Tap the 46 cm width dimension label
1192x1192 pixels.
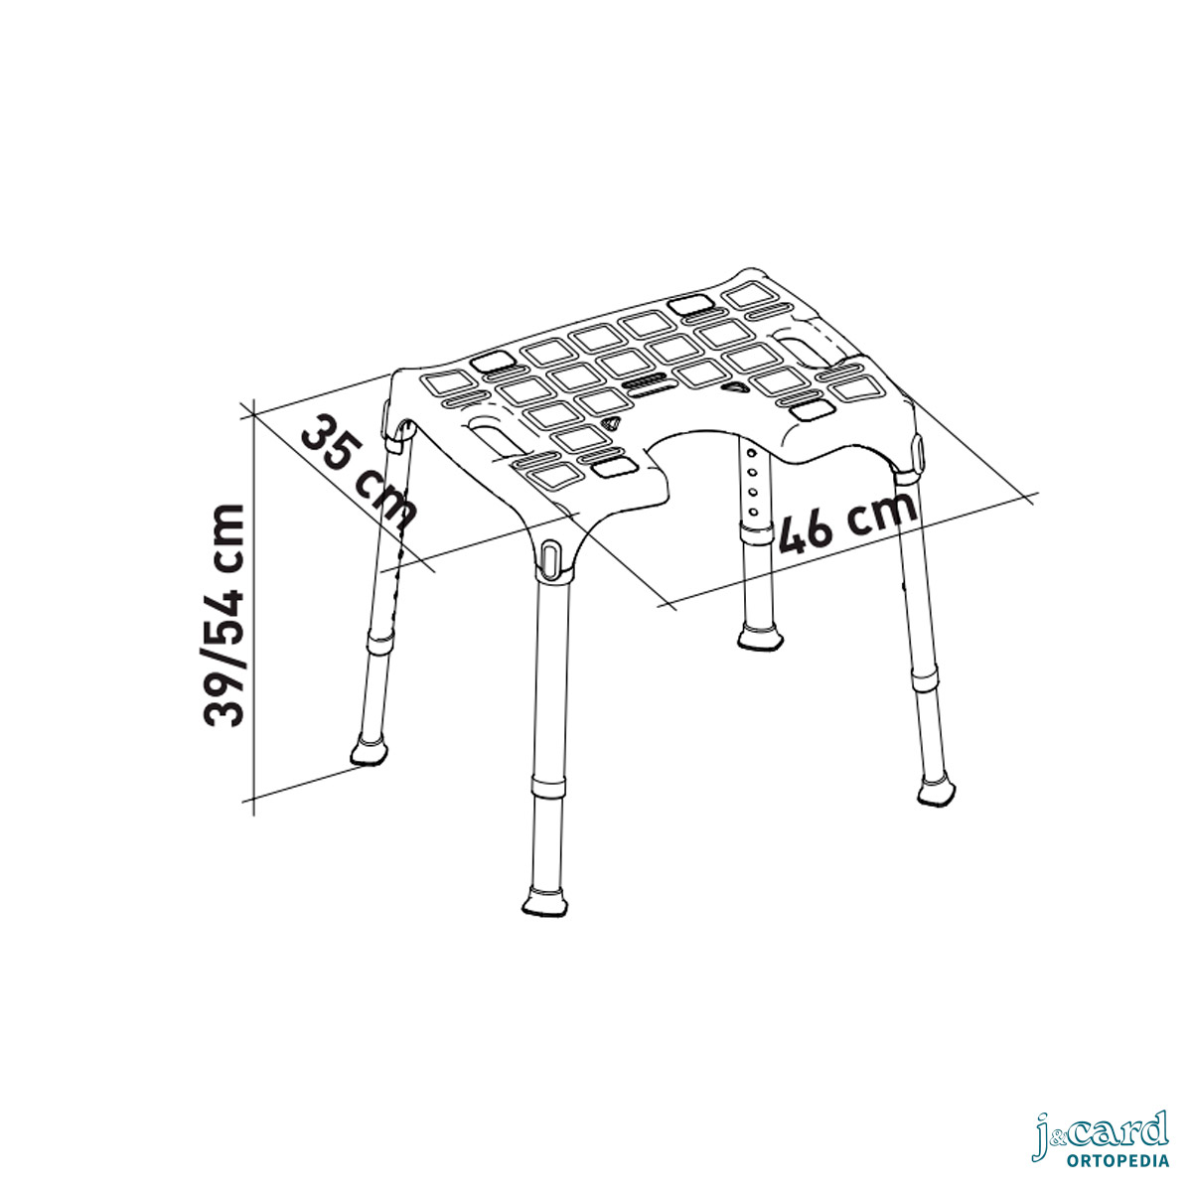pos(848,522)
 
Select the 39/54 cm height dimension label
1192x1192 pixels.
pos(223,615)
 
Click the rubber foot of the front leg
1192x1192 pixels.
pos(544,901)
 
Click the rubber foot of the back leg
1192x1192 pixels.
pos(759,638)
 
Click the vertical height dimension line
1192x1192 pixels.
pos(253,609)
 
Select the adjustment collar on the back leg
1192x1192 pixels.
pos(757,532)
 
